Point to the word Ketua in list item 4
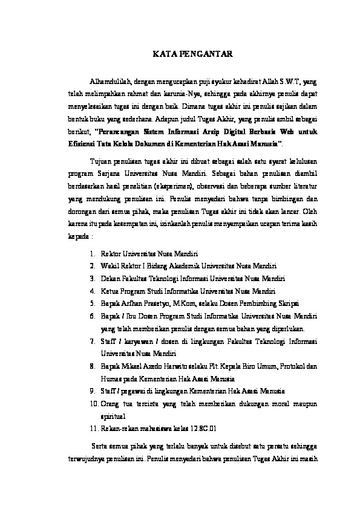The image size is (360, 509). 110,291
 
